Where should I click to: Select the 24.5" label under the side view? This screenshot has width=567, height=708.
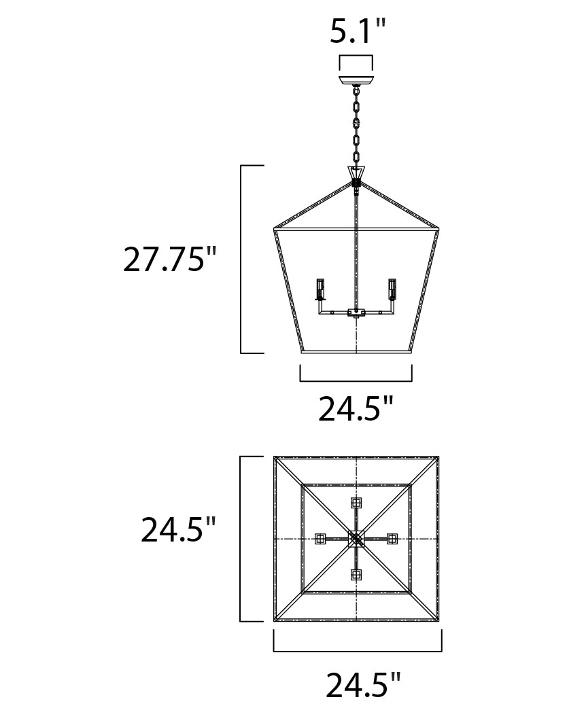tap(356, 409)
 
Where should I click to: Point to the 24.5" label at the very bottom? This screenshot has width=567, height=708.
tap(363, 686)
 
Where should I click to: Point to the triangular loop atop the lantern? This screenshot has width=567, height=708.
tap(356, 174)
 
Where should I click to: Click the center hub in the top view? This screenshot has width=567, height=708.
tap(356, 539)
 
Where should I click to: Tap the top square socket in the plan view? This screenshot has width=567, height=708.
tap(356, 503)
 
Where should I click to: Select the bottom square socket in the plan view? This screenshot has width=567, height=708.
tap(356, 575)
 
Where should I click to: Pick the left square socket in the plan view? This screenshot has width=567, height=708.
tap(320, 539)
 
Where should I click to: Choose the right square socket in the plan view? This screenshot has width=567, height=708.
tap(392, 539)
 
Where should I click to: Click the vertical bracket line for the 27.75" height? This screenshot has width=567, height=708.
tap(242, 259)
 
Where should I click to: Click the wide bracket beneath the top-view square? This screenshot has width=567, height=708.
tap(357, 650)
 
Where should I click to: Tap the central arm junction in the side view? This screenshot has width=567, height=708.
tap(356, 313)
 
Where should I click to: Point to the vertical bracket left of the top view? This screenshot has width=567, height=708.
tap(242, 539)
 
